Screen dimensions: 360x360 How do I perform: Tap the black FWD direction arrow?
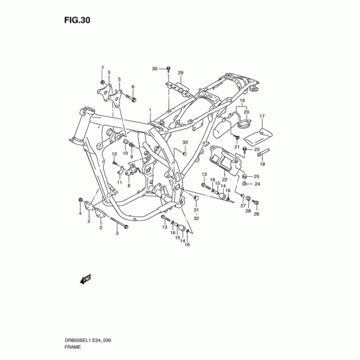coord(85,280)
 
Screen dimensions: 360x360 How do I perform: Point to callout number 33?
coord(184,143)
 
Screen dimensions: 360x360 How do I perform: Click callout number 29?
coord(181,73)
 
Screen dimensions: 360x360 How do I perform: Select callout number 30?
coord(155,69)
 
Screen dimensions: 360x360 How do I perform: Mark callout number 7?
coord(102,68)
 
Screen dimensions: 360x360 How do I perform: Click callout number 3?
coord(117,233)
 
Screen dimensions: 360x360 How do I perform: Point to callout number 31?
coord(196,210)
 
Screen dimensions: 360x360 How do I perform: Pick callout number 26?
coord(256,214)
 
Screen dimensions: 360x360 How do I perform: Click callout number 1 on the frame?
coord(150,110)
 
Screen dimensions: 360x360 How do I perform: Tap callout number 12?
coord(114,154)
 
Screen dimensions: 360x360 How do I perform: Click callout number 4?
coord(80,213)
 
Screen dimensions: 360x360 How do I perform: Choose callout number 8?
coord(129,185)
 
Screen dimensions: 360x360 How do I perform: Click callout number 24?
coord(257,184)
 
